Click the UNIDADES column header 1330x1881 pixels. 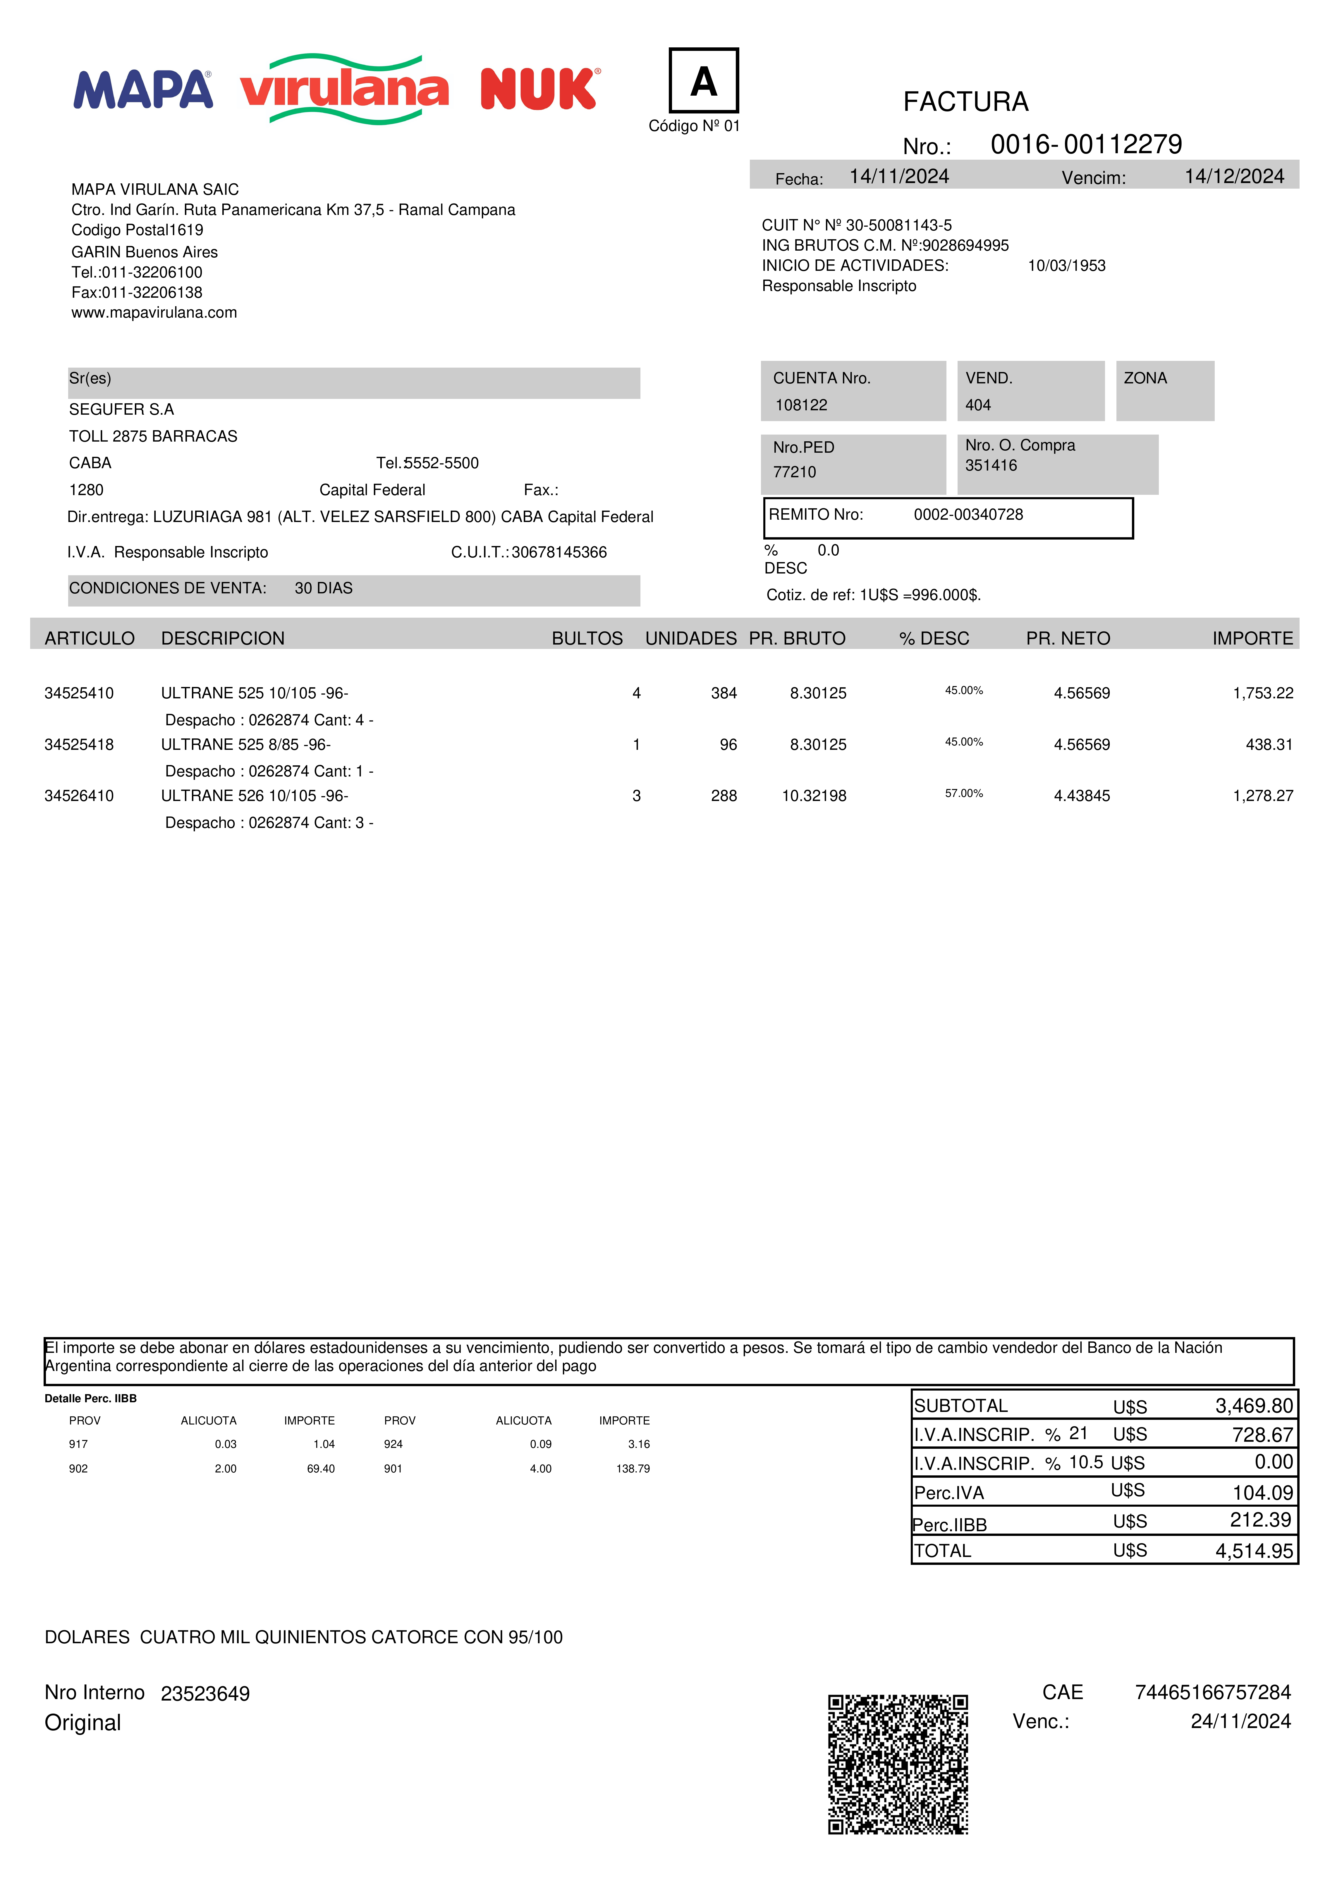pyautogui.click(x=691, y=638)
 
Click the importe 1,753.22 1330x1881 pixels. pyautogui.click(x=1263, y=693)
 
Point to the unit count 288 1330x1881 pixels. pyautogui.click(x=724, y=795)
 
